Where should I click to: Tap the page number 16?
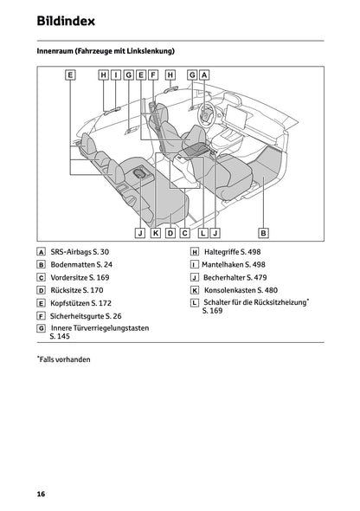(41, 493)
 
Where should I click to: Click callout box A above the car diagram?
(204, 75)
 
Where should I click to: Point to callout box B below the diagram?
(263, 232)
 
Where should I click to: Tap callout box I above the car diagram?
(115, 75)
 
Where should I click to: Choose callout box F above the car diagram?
(152, 75)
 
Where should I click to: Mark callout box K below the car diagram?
(155, 232)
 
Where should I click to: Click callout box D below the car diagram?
(170, 232)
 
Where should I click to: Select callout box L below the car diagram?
(202, 232)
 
